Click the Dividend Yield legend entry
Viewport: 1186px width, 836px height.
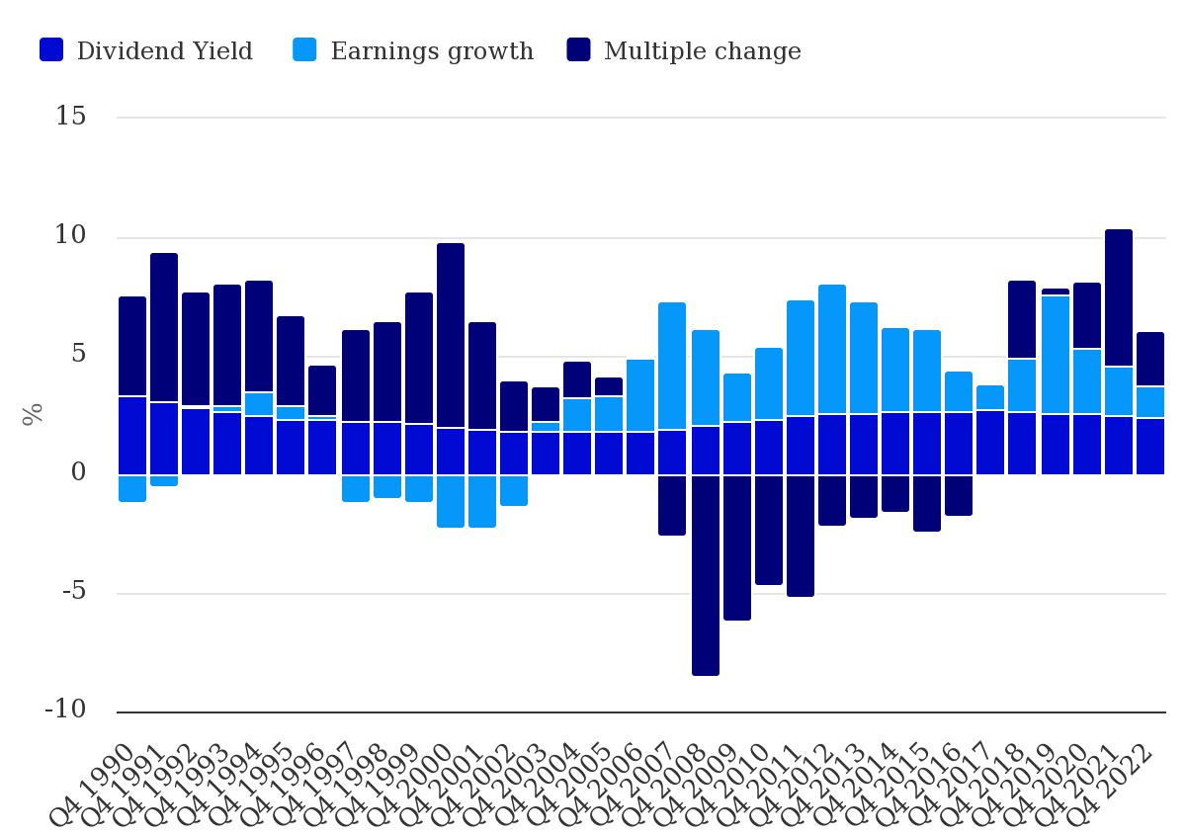tap(146, 51)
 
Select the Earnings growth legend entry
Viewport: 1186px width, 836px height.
tap(413, 51)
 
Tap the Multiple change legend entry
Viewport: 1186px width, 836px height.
tap(684, 51)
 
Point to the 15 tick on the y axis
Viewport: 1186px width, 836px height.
tap(71, 117)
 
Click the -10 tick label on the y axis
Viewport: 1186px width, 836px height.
tap(65, 711)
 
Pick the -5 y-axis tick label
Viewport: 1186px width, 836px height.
tap(72, 592)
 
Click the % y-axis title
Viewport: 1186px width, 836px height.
tap(33, 414)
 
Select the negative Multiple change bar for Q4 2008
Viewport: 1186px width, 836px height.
tap(706, 575)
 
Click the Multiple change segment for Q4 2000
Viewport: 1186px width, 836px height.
tap(451, 336)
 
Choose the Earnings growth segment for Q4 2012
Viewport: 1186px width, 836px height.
tap(832, 350)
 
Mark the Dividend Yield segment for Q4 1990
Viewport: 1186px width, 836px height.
tap(132, 436)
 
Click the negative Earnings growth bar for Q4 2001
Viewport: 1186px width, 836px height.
tap(482, 501)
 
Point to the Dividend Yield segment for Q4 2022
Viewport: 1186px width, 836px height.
tap(1150, 447)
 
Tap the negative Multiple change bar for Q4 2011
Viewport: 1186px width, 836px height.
tap(801, 536)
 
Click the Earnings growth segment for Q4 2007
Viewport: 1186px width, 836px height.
tap(672, 367)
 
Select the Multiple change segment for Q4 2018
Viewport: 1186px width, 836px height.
tap(1022, 320)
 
